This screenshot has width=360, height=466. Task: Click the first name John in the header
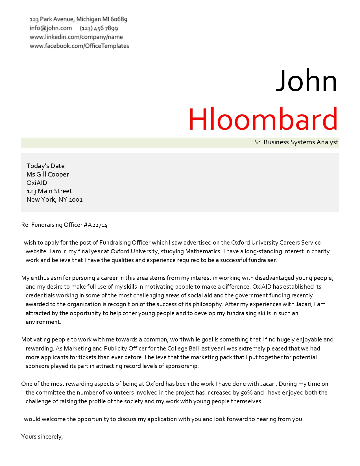click(x=306, y=81)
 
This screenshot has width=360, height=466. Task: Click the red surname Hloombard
click(x=263, y=119)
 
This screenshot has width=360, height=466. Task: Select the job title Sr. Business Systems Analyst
click(x=296, y=142)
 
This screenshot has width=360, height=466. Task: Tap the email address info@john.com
click(x=51, y=28)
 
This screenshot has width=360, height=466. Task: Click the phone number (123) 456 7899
click(x=99, y=28)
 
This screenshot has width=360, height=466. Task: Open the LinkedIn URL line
click(x=76, y=37)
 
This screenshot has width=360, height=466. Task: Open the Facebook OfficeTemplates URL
click(x=79, y=46)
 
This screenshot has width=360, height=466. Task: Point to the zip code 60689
click(x=119, y=19)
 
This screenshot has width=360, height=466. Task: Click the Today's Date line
click(x=45, y=166)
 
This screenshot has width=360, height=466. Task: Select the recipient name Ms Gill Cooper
click(x=48, y=174)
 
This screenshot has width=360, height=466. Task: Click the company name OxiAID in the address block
click(x=37, y=183)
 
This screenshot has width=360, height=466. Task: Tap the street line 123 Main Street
click(x=49, y=191)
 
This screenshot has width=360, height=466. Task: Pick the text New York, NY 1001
click(x=54, y=200)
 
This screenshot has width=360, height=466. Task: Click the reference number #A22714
click(x=96, y=225)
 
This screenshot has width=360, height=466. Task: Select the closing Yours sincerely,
click(x=42, y=437)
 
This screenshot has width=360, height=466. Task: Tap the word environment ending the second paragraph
click(x=43, y=322)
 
